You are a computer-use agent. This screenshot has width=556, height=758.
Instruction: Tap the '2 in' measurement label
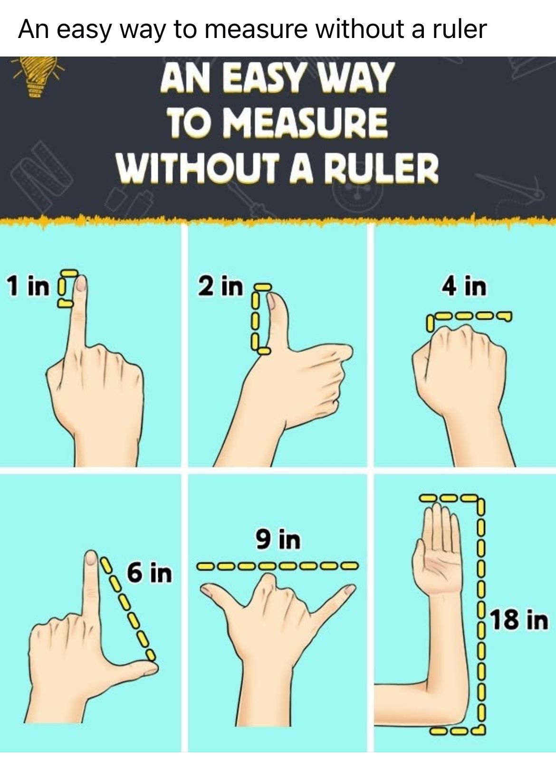click(x=220, y=285)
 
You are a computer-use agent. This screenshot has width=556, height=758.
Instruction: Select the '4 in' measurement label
click(x=463, y=285)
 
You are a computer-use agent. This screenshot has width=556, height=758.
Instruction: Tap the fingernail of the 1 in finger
click(x=81, y=283)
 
